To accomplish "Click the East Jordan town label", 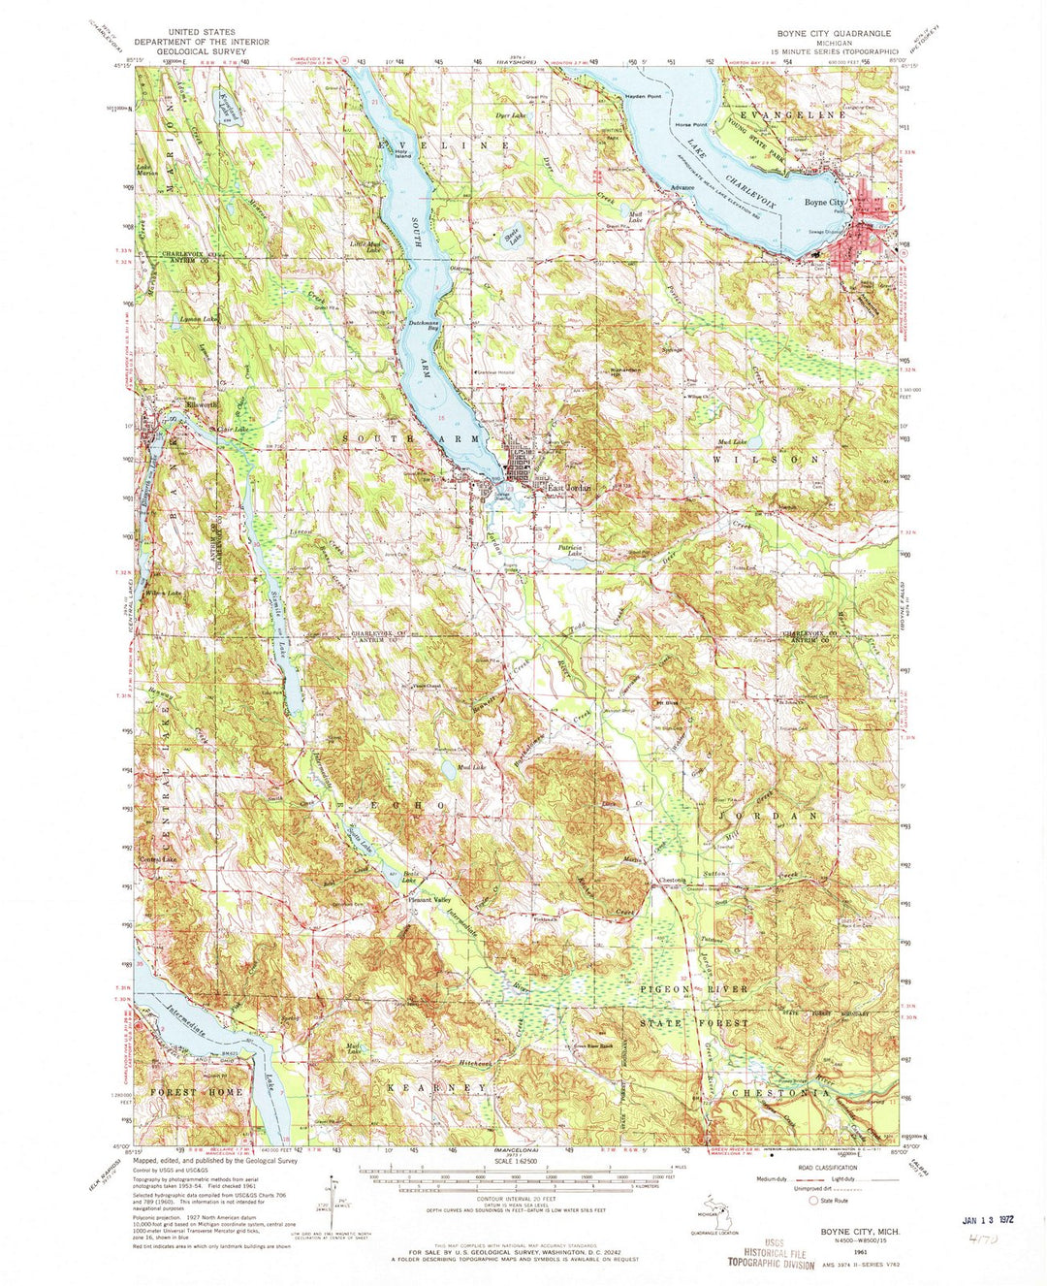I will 568,488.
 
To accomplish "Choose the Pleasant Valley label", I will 428,901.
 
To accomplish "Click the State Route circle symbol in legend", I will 814,1200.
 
